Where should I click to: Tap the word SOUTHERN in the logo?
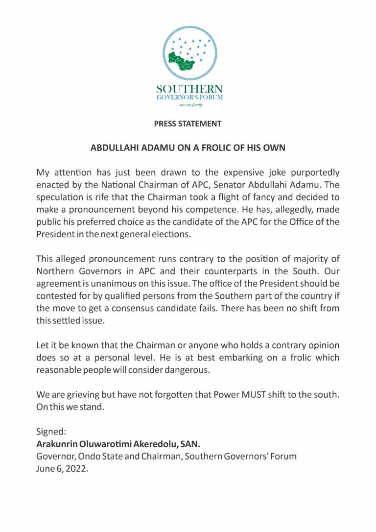189,90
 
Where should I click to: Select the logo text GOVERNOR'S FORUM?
189,98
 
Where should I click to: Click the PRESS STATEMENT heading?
188,124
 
